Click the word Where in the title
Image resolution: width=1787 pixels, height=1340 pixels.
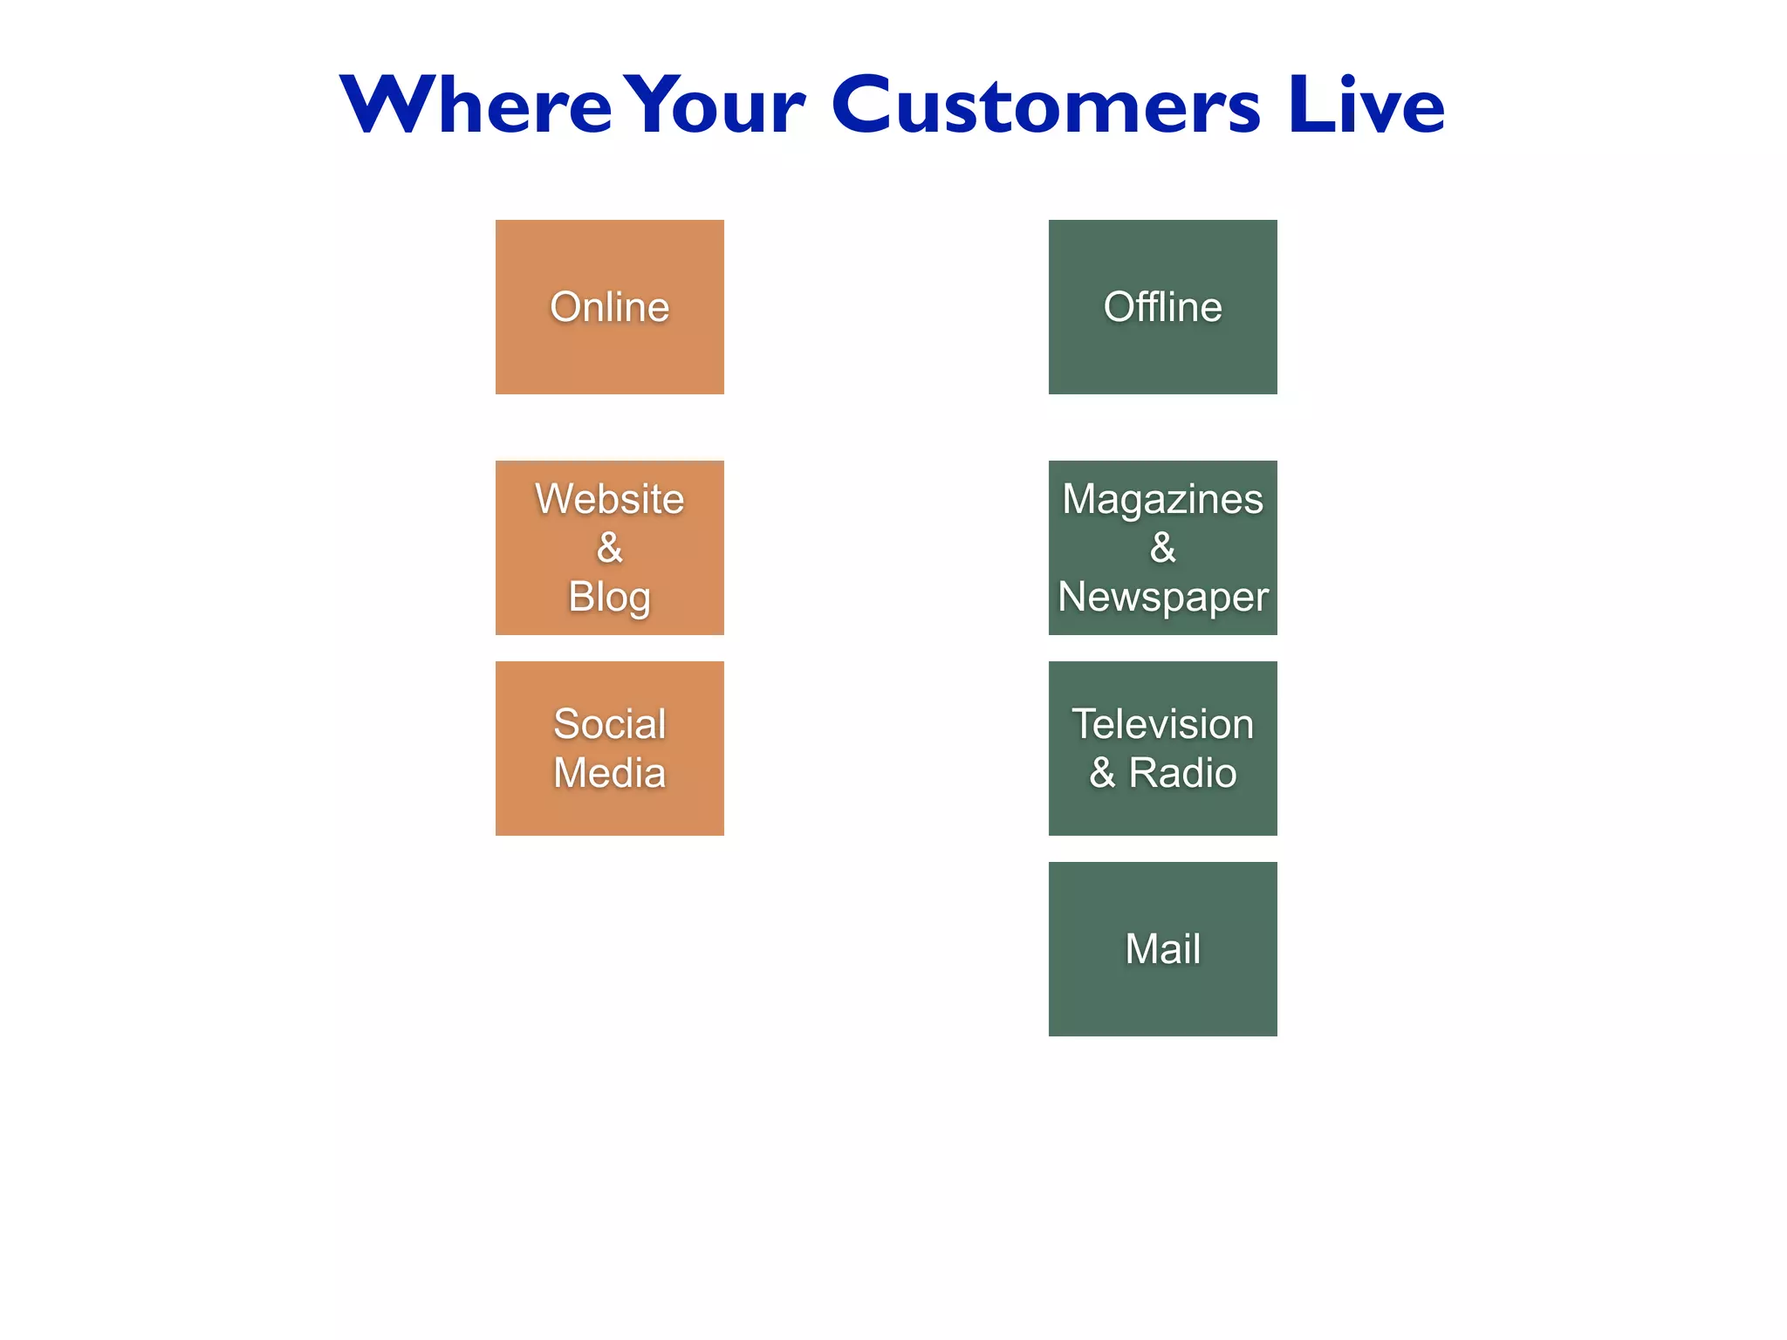click(x=476, y=106)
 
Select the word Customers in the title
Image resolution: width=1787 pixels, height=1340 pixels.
click(x=1045, y=106)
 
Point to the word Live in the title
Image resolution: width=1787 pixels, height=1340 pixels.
click(x=1366, y=106)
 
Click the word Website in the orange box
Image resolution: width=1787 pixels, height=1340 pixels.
click(x=609, y=500)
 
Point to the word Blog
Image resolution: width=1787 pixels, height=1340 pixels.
click(x=609, y=598)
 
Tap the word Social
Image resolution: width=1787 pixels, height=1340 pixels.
click(x=609, y=724)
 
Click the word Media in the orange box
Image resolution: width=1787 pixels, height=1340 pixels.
click(x=609, y=773)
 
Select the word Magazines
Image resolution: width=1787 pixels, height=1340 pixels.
click(x=1162, y=500)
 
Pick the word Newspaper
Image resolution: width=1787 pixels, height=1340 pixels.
click(x=1162, y=598)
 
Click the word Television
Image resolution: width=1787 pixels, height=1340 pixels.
click(x=1162, y=724)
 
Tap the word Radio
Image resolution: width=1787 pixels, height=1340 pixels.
click(x=1182, y=773)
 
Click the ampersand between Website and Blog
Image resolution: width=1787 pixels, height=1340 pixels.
click(x=609, y=548)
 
